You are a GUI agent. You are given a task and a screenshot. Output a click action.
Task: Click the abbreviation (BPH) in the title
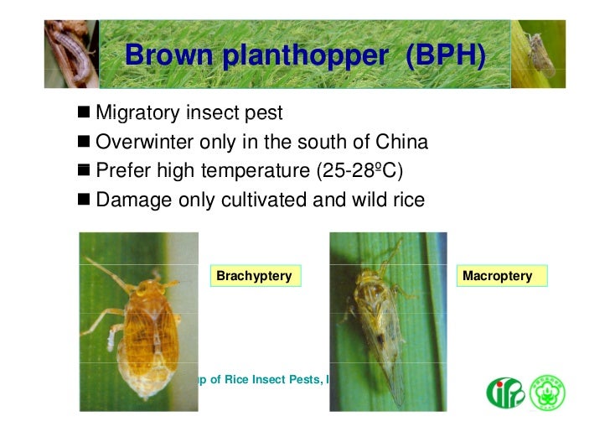(x=444, y=55)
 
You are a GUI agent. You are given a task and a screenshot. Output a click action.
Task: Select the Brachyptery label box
(x=255, y=276)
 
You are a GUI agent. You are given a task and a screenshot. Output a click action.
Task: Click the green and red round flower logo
(x=548, y=393)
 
